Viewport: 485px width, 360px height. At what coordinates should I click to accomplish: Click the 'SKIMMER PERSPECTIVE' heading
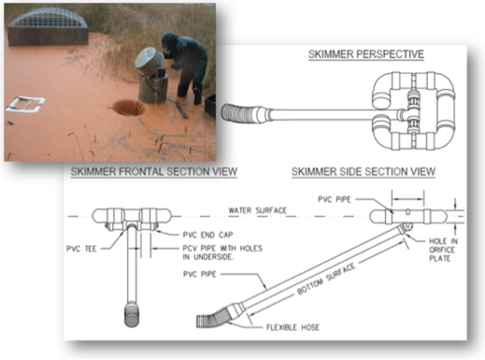[366, 54]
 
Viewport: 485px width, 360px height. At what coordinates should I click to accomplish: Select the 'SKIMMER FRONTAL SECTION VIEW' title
[154, 172]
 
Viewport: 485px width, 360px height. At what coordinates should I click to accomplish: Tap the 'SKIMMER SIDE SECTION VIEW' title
[364, 172]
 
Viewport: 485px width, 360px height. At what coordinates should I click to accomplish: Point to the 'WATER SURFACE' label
[258, 210]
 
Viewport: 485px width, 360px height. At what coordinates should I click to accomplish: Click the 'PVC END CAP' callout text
[207, 235]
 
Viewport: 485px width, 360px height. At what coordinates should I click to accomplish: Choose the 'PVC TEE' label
[81, 249]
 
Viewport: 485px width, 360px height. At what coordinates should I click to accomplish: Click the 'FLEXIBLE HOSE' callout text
[292, 327]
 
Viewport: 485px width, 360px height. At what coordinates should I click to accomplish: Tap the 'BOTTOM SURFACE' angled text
[326, 279]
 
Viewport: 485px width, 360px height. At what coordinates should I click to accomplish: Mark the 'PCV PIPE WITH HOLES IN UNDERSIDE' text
[222, 252]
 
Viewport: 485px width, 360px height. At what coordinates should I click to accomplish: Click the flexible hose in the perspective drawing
[239, 113]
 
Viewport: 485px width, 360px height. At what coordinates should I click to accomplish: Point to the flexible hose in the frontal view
[132, 315]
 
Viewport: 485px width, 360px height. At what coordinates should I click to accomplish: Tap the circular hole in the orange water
[129, 108]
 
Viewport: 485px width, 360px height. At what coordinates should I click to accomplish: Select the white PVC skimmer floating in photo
[25, 105]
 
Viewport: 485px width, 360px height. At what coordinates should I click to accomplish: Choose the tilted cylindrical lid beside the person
[150, 61]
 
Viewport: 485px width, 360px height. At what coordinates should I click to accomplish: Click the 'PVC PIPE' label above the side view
[335, 199]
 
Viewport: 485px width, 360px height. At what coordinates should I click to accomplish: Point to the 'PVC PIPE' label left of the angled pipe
[200, 274]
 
